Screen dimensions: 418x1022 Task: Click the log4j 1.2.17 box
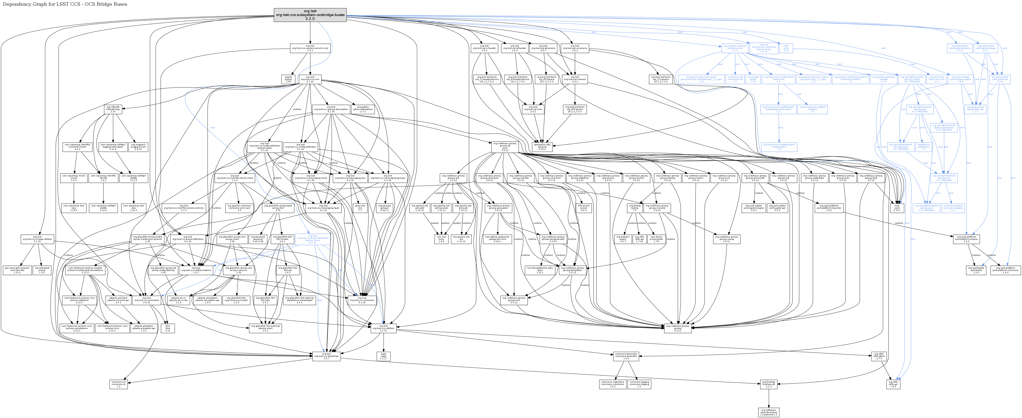point(383,356)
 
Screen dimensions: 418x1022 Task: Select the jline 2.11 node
point(167,328)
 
